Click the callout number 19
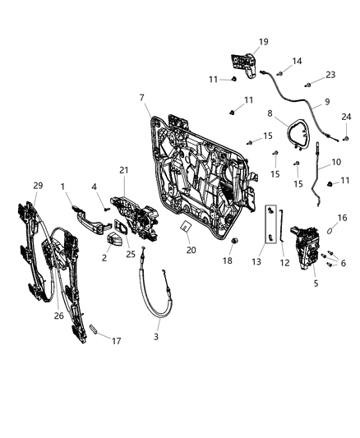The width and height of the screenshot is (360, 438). [241, 40]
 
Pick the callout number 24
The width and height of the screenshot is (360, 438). [346, 116]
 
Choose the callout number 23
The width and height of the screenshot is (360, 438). [330, 74]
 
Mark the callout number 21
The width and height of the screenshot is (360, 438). [125, 170]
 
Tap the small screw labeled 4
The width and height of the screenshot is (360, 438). [107, 211]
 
